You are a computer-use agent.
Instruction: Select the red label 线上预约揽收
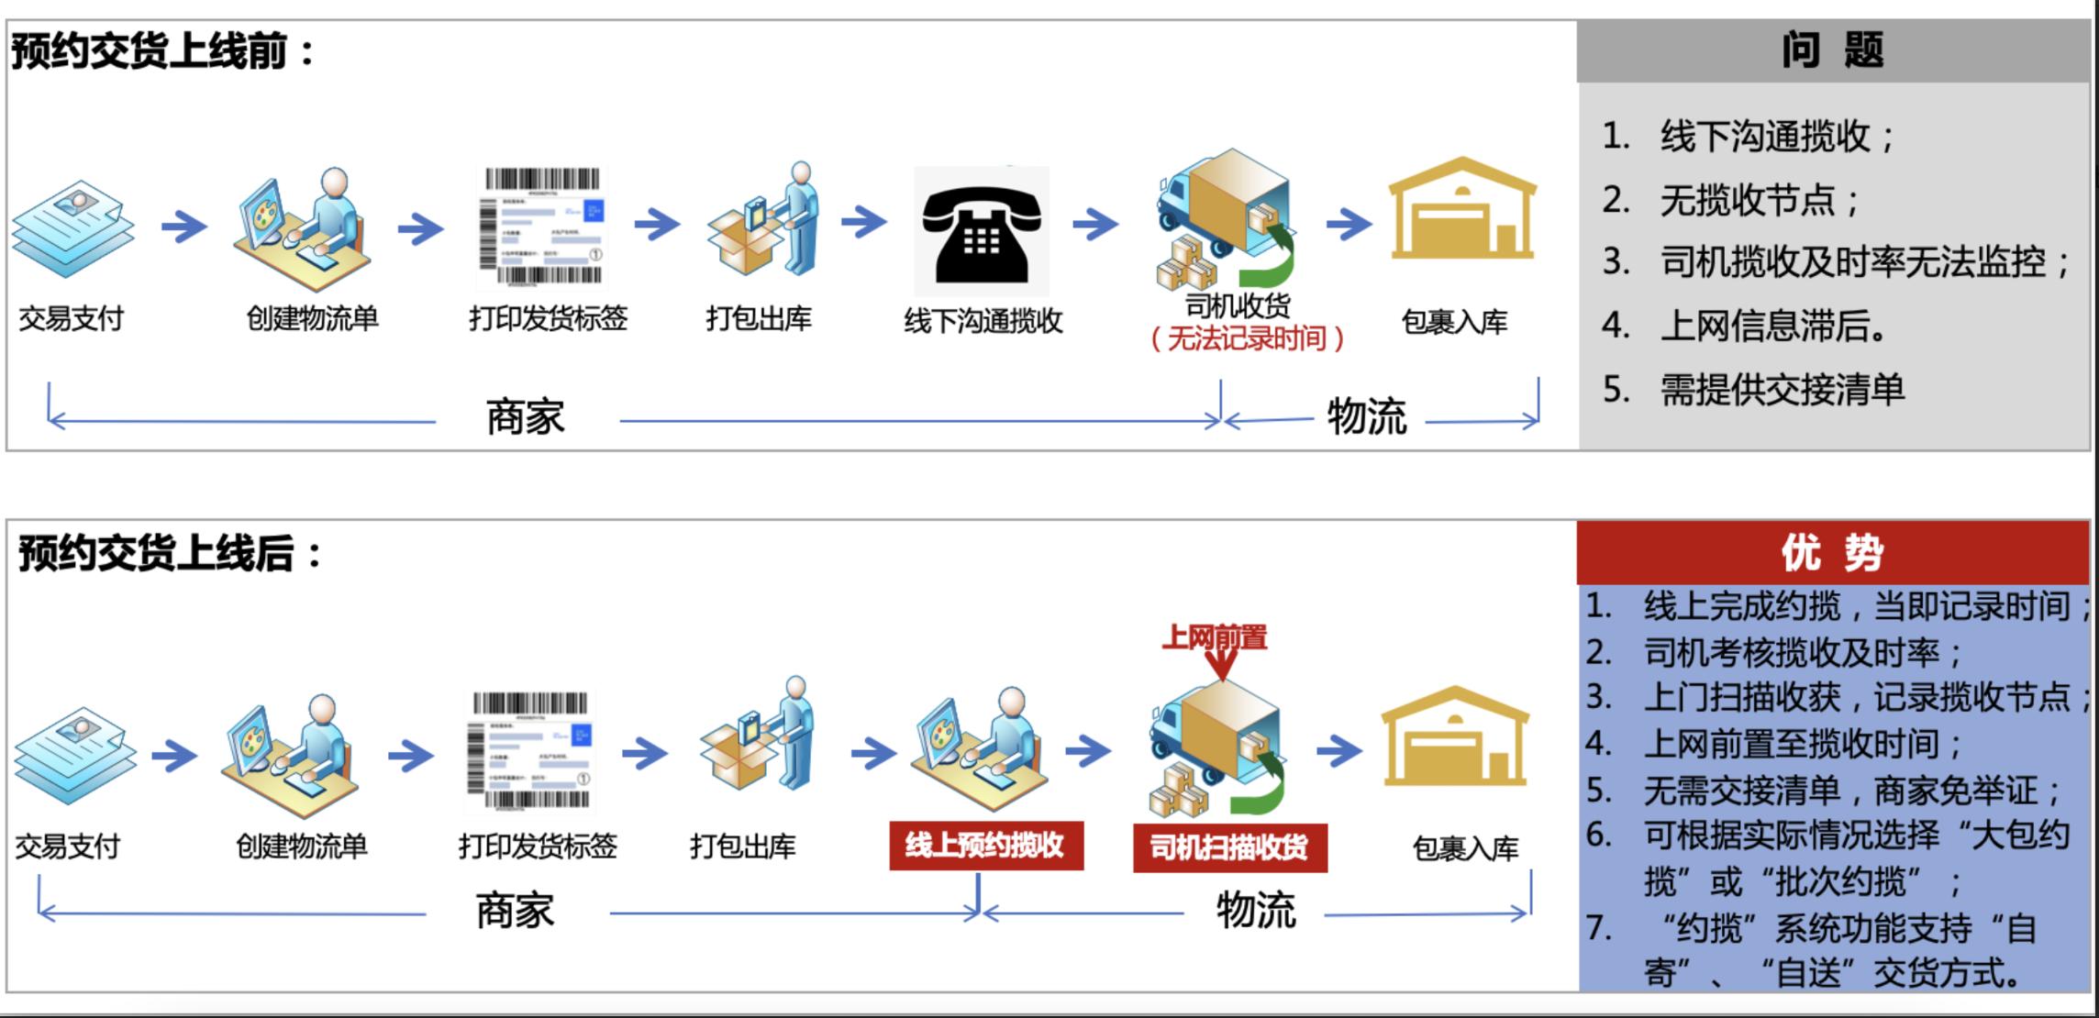[x=985, y=845]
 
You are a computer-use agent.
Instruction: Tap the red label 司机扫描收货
[x=1229, y=847]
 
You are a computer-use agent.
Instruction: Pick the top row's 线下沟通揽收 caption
[x=983, y=321]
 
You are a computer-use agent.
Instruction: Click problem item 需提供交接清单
[x=1782, y=390]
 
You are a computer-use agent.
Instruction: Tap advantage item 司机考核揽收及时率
[x=1802, y=653]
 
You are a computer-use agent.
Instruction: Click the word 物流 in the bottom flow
[x=1255, y=911]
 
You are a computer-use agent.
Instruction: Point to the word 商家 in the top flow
[x=525, y=418]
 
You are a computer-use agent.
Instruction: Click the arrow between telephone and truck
[x=1095, y=223]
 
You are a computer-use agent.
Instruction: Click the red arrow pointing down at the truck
[x=1222, y=666]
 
